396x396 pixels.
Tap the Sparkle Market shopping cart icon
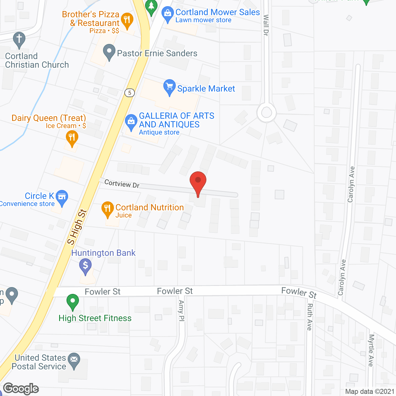coord(169,87)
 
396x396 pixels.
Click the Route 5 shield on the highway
coord(130,93)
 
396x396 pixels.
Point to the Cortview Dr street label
coord(122,184)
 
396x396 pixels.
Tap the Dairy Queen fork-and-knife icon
coord(72,137)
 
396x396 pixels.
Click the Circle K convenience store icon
coord(62,197)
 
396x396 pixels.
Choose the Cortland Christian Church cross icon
coord(19,40)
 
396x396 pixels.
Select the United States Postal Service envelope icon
coord(74,360)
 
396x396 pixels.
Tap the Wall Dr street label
coord(266,25)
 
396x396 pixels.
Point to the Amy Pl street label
coord(181,311)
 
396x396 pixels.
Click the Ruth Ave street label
coord(309,317)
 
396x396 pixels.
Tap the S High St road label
coord(77,227)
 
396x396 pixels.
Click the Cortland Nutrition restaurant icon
coord(107,209)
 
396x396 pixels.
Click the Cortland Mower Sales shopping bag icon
coord(168,14)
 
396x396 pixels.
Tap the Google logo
coord(21,389)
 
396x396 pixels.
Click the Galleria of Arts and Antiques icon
coord(131,122)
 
